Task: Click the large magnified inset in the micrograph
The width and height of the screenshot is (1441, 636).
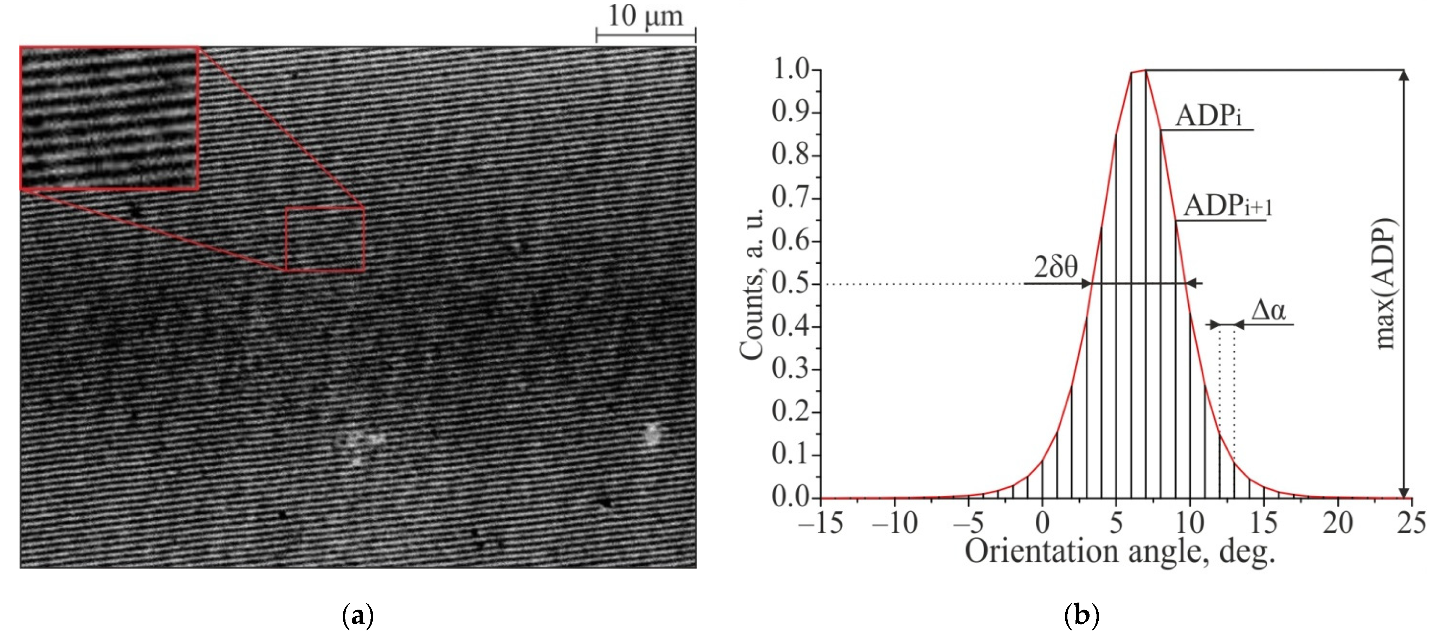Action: click(110, 118)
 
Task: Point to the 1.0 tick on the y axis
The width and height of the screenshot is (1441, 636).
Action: click(790, 71)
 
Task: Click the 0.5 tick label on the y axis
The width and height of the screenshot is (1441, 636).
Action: click(790, 284)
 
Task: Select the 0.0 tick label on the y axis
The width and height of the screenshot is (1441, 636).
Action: click(790, 497)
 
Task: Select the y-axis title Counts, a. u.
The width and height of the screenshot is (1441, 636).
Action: click(751, 284)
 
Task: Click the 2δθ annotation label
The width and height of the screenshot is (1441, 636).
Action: click(1055, 268)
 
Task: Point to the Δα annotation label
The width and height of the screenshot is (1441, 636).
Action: click(1268, 310)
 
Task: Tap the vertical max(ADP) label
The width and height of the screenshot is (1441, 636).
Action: click(1385, 284)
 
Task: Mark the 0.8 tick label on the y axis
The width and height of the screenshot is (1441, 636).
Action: click(790, 156)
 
